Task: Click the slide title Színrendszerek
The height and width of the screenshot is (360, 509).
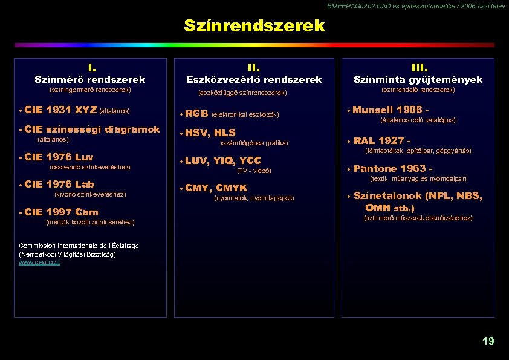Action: click(x=254, y=26)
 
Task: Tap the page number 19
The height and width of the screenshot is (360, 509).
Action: click(x=488, y=341)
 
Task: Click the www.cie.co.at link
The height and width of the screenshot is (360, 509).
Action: click(x=39, y=262)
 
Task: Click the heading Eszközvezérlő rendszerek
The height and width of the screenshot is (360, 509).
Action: click(x=254, y=80)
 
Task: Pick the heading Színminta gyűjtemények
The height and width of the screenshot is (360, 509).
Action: click(x=418, y=80)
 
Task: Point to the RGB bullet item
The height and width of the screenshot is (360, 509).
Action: click(x=196, y=113)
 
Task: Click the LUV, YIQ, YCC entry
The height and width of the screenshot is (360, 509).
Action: click(x=222, y=160)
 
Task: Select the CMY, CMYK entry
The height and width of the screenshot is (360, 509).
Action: click(x=216, y=188)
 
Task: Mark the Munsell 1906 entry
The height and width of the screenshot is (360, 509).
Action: click(x=391, y=110)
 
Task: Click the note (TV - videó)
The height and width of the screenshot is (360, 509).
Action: click(x=254, y=171)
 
